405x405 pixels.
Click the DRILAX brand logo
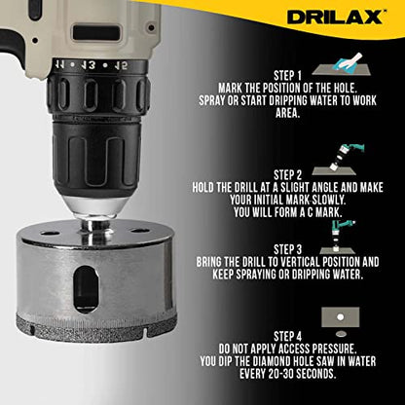point(335,17)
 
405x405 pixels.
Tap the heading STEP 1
point(287,76)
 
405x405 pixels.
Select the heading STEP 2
point(287,175)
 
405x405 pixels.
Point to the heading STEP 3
point(287,249)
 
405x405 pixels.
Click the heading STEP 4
point(287,336)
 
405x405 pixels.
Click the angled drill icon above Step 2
point(339,160)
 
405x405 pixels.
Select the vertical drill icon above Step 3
point(339,238)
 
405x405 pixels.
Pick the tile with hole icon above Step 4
point(341,321)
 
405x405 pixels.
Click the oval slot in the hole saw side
point(86,289)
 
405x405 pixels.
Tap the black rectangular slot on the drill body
point(96,33)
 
